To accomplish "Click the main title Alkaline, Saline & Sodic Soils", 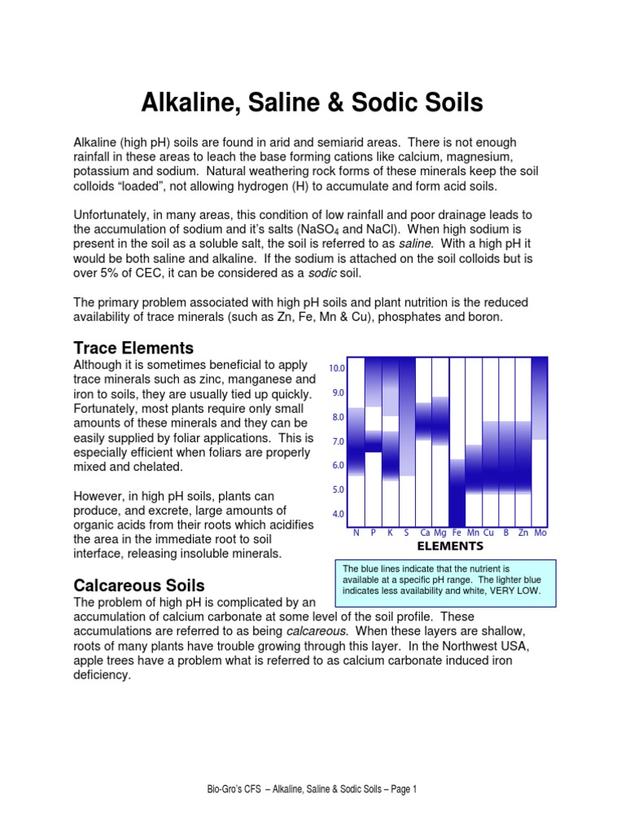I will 312,103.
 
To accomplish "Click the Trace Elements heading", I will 133,348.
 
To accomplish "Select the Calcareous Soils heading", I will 139,585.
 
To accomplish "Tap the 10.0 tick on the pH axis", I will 337,368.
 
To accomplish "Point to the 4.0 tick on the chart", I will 337,515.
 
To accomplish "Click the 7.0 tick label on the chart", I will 337,441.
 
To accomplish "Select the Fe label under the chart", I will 457,532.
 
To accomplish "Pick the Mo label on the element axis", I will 540,532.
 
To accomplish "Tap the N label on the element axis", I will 356,532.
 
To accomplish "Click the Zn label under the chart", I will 523,532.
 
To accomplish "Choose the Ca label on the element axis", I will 425,532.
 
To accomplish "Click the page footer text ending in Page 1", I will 312,789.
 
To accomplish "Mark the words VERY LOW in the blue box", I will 513,590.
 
